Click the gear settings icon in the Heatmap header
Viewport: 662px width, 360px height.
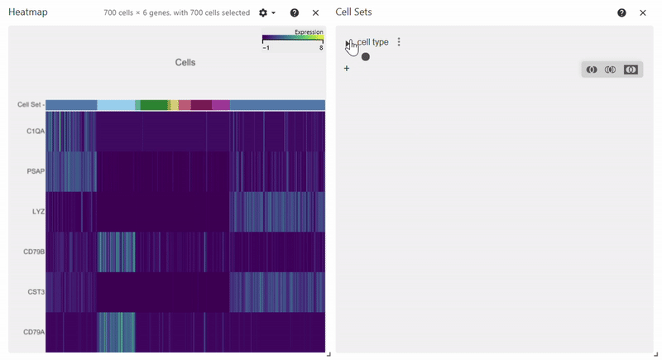tap(263, 13)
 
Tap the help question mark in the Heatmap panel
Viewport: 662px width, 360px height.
tap(295, 13)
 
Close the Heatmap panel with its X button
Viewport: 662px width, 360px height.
tap(315, 13)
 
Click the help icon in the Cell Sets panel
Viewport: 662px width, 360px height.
tap(621, 13)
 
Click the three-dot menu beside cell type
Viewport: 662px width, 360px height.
tap(399, 42)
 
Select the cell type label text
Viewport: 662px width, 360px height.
tap(373, 42)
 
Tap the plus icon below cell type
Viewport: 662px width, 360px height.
tap(347, 68)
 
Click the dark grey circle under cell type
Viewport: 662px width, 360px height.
tap(366, 56)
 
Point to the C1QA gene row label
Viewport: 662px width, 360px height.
tap(35, 131)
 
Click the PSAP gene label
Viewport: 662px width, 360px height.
tap(35, 171)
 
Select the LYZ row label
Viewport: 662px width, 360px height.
tap(37, 212)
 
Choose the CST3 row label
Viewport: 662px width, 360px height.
tap(35, 292)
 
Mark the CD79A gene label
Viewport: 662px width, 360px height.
tap(34, 333)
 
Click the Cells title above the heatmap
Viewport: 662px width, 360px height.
tap(185, 63)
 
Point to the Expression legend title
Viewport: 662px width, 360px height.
tap(309, 32)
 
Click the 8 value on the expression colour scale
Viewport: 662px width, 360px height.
tap(320, 48)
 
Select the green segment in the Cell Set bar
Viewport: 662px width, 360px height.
tap(154, 105)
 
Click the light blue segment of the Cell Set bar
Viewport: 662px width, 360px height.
tap(116, 105)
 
